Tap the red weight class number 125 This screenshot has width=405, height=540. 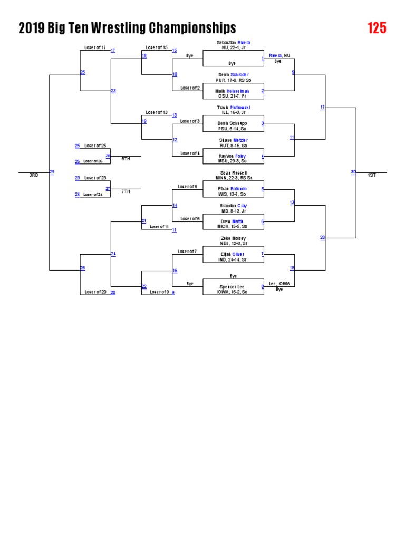[x=377, y=28]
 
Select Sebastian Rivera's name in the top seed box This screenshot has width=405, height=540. [x=233, y=42]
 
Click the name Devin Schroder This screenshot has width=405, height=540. [x=234, y=75]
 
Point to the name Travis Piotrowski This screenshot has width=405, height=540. [x=233, y=108]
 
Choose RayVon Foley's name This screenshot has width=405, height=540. [x=233, y=156]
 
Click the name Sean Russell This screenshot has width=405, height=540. [x=233, y=172]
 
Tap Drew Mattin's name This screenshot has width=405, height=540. [x=233, y=221]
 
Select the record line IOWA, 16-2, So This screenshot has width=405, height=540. [x=233, y=292]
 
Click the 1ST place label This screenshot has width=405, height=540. [x=371, y=175]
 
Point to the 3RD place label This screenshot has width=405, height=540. [x=34, y=175]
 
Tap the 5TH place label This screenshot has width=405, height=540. [x=126, y=159]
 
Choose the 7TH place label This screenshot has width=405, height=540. [x=126, y=191]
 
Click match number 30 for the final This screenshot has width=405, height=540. [x=353, y=172]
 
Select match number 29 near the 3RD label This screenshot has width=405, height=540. [x=52, y=172]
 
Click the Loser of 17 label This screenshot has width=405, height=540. [x=95, y=47]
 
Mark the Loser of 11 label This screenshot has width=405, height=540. [x=159, y=227]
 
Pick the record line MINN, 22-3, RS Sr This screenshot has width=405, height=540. [x=233, y=178]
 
